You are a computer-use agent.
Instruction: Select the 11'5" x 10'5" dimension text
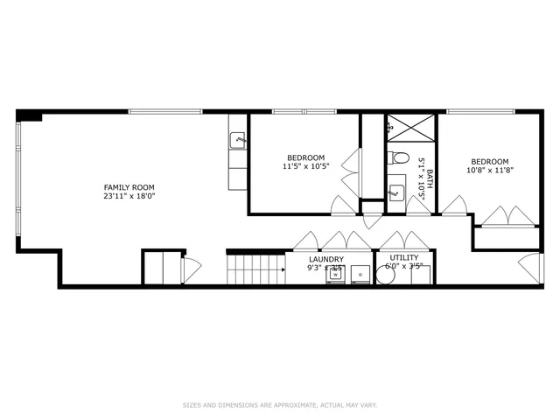click(x=305, y=166)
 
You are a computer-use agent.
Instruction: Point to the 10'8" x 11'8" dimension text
click(x=489, y=171)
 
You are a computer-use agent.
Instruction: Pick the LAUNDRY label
click(x=326, y=259)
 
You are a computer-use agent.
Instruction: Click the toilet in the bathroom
click(x=399, y=158)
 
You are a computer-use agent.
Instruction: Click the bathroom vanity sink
click(x=396, y=188)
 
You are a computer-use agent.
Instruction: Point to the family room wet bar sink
click(x=237, y=140)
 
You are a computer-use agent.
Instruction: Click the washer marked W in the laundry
click(x=336, y=275)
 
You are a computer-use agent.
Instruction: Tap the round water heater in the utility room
click(x=385, y=275)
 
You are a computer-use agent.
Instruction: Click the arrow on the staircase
click(x=283, y=269)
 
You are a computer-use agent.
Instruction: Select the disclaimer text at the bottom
click(x=279, y=405)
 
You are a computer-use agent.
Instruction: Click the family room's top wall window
click(x=165, y=111)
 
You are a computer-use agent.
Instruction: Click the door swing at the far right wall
click(x=531, y=267)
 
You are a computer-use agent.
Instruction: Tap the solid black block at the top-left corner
click(x=29, y=115)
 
